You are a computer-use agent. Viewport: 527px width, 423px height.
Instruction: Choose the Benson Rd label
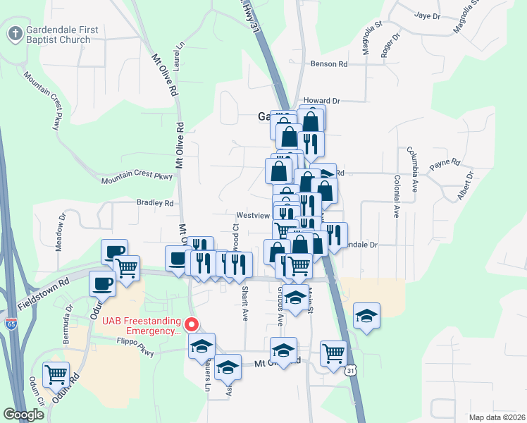329,64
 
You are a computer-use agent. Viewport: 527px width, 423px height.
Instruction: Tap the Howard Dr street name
321,102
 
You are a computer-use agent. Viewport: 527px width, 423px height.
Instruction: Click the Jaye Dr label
427,15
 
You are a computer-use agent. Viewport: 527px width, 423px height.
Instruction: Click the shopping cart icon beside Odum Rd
55,374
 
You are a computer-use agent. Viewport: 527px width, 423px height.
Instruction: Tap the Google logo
24,415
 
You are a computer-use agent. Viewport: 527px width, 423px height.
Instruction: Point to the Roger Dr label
386,46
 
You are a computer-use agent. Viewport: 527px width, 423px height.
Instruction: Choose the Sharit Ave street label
244,303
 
